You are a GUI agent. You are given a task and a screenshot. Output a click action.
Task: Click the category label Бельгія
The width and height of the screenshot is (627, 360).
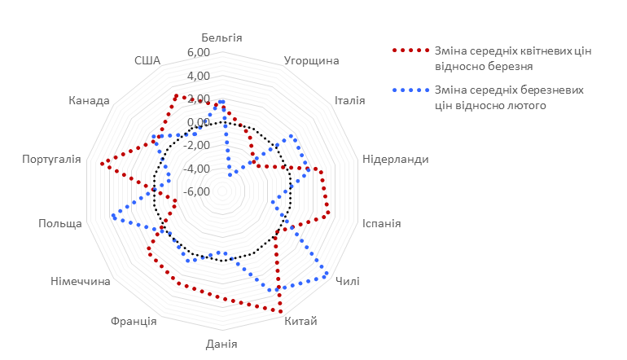point(221,38)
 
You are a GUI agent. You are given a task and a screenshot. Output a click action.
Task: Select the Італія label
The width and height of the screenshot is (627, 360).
point(349,101)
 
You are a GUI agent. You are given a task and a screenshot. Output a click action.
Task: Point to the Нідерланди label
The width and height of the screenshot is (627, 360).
point(395,160)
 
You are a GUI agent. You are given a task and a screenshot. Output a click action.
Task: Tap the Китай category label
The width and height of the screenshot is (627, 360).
point(300,321)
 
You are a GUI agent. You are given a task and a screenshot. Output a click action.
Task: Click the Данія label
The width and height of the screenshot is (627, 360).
point(221,344)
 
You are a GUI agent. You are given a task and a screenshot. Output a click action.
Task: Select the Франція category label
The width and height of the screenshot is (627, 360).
point(134,321)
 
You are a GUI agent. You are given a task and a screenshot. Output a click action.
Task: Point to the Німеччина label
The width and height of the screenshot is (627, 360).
point(81,282)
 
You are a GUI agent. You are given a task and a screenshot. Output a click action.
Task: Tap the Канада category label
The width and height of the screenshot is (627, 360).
point(90,101)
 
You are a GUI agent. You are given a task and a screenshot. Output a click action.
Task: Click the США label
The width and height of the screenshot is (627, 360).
point(148,61)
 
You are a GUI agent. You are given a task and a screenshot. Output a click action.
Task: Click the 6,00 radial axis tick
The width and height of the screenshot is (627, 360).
point(199,53)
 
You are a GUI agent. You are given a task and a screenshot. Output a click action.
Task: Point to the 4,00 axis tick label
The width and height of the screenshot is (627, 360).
point(199,76)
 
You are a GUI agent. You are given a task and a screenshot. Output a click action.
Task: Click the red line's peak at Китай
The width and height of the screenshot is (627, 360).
point(281,311)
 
